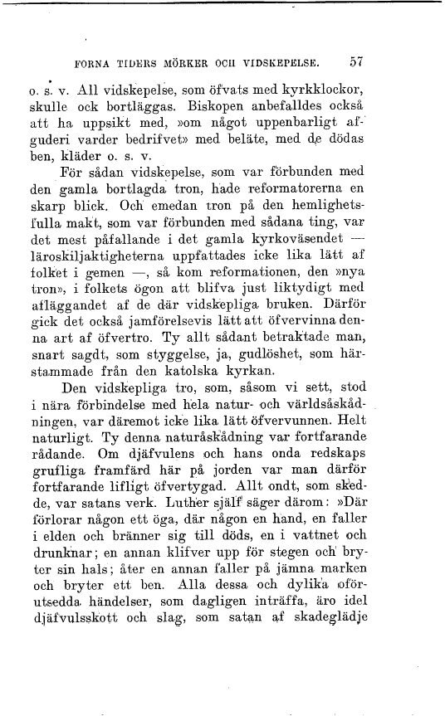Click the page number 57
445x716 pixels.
coord(359,61)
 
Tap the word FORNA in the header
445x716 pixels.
coord(93,62)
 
